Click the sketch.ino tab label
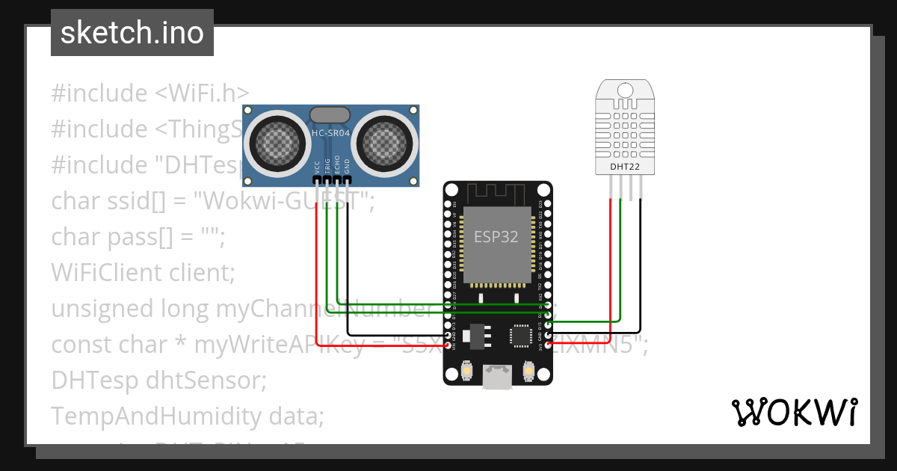point(132,33)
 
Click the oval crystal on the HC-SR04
point(330,114)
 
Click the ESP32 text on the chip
point(496,236)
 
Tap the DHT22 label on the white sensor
point(623,167)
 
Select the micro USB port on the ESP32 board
point(496,377)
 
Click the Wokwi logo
point(794,412)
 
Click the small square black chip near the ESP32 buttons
point(519,337)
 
